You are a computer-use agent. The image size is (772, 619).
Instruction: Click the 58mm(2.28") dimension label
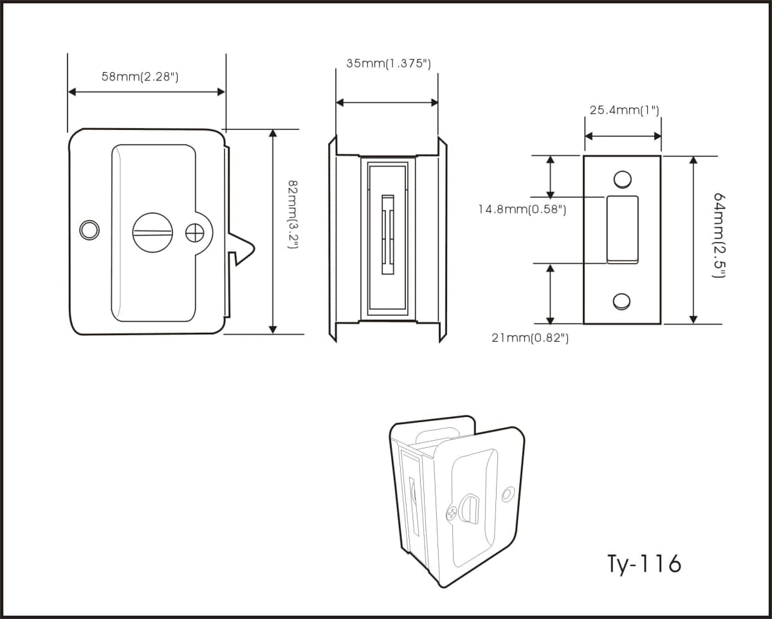[x=140, y=77]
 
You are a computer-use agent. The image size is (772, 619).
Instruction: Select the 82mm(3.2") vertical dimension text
[x=293, y=214]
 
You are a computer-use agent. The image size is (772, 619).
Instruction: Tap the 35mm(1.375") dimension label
[x=389, y=64]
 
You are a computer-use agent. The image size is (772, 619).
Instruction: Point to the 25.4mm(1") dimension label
[x=625, y=110]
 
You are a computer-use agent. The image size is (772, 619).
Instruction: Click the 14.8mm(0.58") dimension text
[x=522, y=209]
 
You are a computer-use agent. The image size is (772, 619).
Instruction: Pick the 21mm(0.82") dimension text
[x=530, y=338]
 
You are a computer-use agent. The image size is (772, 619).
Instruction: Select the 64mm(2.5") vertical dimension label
[x=719, y=236]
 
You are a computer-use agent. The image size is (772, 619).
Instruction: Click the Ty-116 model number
[x=644, y=564]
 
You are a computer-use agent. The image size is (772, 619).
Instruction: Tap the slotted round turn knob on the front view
[x=152, y=232]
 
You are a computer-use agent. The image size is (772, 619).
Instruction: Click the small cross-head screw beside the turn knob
[x=195, y=233]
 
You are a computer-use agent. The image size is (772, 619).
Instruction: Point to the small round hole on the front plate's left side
[x=89, y=230]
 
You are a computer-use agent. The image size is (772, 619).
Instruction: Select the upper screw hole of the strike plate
[x=622, y=180]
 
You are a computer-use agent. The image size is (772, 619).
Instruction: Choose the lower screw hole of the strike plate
[x=621, y=301]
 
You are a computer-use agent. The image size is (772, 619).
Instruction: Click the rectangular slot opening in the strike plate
[x=622, y=230]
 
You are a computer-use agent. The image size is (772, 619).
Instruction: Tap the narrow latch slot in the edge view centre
[x=388, y=235]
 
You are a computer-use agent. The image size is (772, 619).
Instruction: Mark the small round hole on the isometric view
[x=508, y=494]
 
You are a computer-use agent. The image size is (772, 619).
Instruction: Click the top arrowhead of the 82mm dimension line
[x=273, y=133]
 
